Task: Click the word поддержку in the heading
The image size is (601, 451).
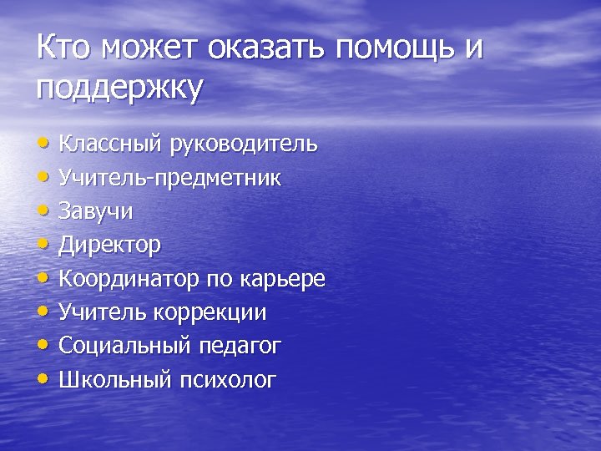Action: point(119,89)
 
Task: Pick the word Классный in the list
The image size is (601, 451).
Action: point(111,144)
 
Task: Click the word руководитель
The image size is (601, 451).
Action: point(244,144)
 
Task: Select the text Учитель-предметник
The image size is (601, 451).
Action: point(169,178)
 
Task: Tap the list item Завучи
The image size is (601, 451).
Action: point(95,211)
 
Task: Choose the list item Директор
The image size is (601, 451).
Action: point(109,246)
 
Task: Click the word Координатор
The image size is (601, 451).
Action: point(129,279)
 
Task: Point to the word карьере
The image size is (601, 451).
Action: point(281,279)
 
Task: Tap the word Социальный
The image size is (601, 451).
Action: point(126,347)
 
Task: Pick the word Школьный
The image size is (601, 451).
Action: point(114,381)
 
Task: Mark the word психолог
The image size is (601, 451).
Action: point(227,381)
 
